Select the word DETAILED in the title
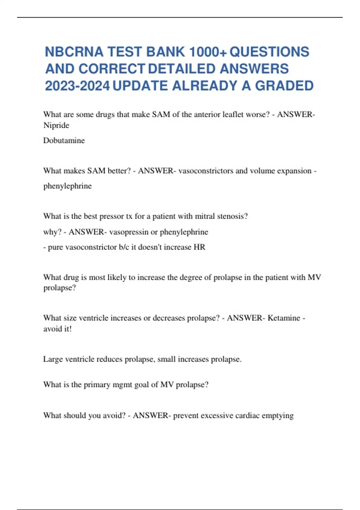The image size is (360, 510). tap(182, 69)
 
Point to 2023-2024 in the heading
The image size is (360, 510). tap(77, 86)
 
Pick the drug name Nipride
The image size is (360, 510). tap(56, 125)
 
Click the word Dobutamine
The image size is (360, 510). tap(64, 140)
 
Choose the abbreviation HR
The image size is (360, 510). tap(199, 247)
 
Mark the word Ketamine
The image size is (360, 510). tap(284, 318)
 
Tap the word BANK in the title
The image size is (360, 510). tap(165, 52)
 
